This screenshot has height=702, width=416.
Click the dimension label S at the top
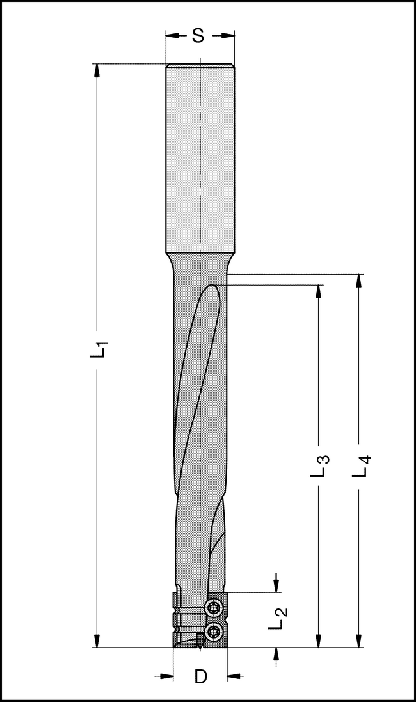point(198,37)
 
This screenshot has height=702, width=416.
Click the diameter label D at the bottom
point(201,676)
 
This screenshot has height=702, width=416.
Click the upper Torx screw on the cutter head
point(213,607)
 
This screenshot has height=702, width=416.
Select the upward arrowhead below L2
point(276,653)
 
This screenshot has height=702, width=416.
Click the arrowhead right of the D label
point(233,675)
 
